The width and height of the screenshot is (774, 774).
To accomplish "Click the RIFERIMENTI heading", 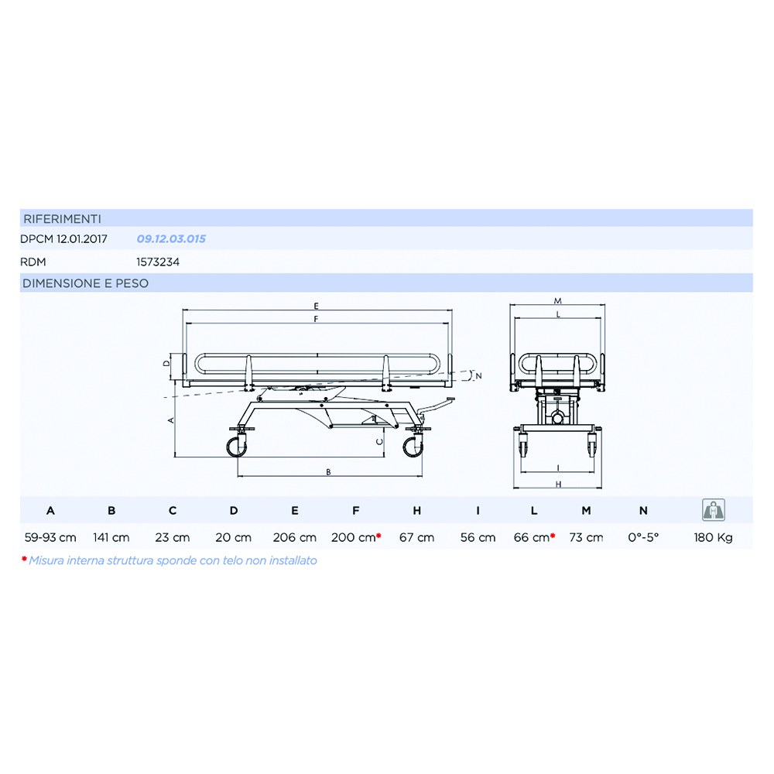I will [x=62, y=218].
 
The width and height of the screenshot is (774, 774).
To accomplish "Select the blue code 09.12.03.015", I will [x=171, y=239].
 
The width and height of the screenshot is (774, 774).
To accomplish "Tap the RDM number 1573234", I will [x=158, y=262].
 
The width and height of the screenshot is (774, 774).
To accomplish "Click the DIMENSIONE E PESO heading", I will [x=85, y=283].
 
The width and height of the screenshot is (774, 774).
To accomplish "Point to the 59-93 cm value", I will [x=50, y=537].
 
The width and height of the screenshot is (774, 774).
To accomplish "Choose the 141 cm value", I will [x=111, y=537].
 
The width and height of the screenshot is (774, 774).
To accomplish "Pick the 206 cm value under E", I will [x=295, y=537].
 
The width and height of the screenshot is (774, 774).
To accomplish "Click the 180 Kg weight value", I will [x=713, y=537].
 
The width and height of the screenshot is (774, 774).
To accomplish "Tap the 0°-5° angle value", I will [x=644, y=537].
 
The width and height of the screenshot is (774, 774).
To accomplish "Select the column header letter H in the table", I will [x=417, y=511].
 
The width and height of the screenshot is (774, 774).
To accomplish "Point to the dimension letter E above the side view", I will [x=317, y=305].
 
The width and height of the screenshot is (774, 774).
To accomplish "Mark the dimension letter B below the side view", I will [x=329, y=471].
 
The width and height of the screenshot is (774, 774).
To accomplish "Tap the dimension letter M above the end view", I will [x=557, y=300].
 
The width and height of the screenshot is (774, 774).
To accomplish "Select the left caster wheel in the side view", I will [x=236, y=447].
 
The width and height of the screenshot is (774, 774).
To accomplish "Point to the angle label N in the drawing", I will [x=479, y=375].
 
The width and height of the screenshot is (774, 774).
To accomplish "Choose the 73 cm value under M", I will [x=586, y=537].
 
